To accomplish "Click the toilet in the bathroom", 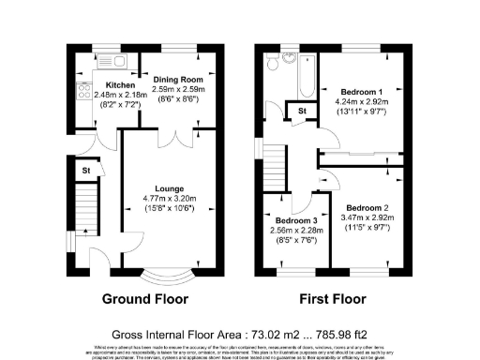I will point(272,63).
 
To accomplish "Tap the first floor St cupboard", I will point(303,112).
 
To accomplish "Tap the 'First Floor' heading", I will point(333,300).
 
